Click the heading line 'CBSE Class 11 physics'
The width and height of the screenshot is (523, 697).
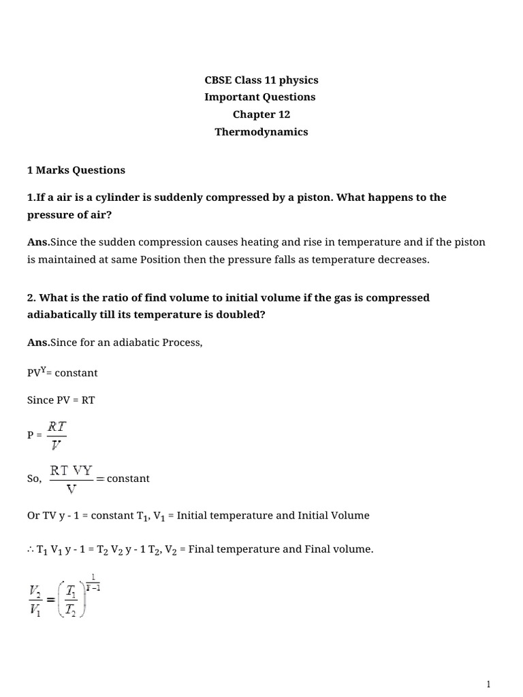[x=261, y=80]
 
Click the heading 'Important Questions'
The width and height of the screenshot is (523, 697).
[x=261, y=97]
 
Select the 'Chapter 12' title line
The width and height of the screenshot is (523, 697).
[x=261, y=114]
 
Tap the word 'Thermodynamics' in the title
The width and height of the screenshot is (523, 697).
[x=261, y=132]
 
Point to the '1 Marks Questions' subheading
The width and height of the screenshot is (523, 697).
[x=76, y=169]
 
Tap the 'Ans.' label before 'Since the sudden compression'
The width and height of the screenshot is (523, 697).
[x=38, y=242]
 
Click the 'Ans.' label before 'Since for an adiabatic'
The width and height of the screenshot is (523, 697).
[x=38, y=342]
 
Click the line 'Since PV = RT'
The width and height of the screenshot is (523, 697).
[x=61, y=400]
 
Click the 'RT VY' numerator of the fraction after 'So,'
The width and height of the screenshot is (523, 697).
[x=72, y=470]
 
